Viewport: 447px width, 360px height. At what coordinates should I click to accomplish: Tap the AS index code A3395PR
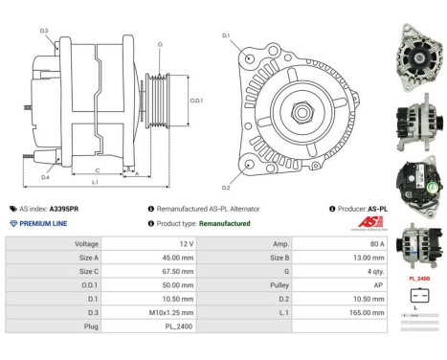64,208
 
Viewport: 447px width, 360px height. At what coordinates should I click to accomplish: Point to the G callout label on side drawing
159,44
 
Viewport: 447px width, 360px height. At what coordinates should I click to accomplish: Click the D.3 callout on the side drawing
44,32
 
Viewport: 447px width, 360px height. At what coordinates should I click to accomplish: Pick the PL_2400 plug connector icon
417,294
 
